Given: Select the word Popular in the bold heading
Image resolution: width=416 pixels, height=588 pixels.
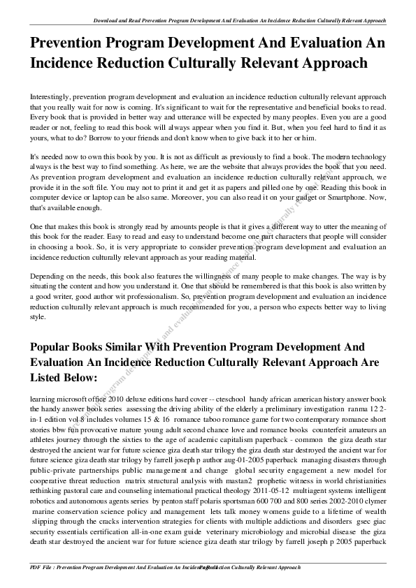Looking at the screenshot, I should (57, 347).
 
